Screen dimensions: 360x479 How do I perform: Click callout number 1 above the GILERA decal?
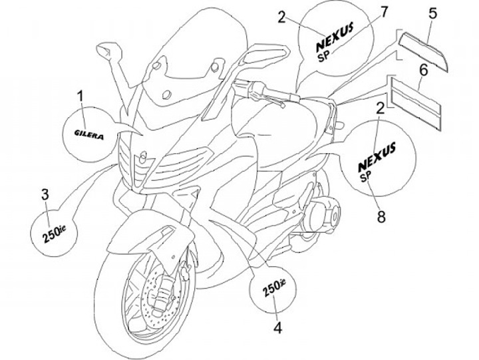[x=80, y=98]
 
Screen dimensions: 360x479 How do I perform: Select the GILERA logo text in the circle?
[x=88, y=132]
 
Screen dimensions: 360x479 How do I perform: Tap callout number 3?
[x=45, y=194]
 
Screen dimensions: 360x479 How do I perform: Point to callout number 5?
[x=432, y=13]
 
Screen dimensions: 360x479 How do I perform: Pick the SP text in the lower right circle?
[x=366, y=177]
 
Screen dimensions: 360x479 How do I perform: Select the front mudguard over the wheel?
[x=136, y=240]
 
